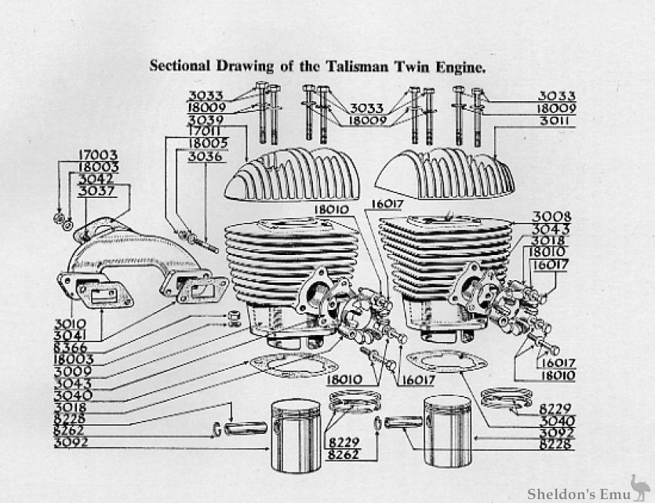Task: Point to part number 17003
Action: click(97, 155)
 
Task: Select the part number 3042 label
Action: click(97, 179)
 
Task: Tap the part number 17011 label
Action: click(204, 131)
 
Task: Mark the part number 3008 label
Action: click(552, 217)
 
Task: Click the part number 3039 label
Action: click(205, 119)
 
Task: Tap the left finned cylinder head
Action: click(292, 174)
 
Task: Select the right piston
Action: click(447, 431)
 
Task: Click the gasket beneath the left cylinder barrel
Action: click(293, 366)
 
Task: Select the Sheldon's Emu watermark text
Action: click(576, 492)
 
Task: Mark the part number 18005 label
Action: click(204, 144)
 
